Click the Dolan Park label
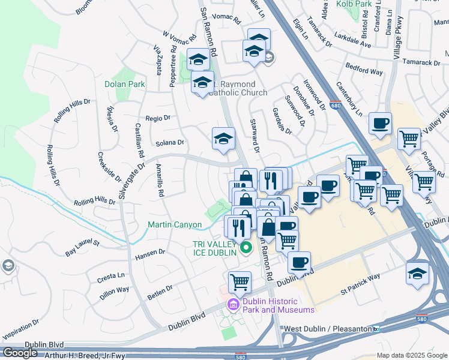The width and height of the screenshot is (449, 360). [x=124, y=85]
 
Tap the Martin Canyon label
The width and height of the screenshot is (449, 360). [x=175, y=225]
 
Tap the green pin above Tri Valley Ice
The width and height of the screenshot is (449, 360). [x=245, y=247]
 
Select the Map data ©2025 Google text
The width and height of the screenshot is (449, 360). [x=412, y=356]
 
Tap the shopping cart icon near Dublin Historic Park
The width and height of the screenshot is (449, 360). [x=240, y=280]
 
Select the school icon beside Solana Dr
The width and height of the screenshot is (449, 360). [x=223, y=139]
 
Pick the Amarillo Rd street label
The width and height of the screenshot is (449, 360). [x=160, y=181]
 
